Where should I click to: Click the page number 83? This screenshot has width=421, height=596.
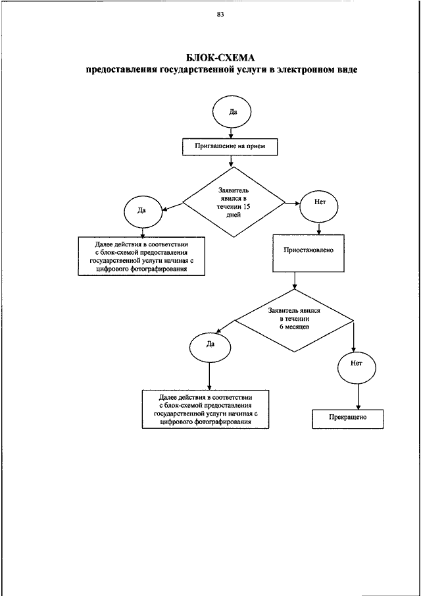pos(220,15)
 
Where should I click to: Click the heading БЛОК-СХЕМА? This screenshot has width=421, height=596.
pos(220,58)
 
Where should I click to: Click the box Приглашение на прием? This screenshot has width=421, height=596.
pos(230,146)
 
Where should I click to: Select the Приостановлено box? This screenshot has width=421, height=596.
pos(309,253)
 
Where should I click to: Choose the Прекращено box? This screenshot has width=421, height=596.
pos(348,418)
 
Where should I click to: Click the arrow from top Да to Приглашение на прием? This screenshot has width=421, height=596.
pos(231,132)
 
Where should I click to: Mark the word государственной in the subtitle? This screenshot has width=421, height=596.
pos(184,70)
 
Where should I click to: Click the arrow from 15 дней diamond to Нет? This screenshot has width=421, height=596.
pos(292,203)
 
